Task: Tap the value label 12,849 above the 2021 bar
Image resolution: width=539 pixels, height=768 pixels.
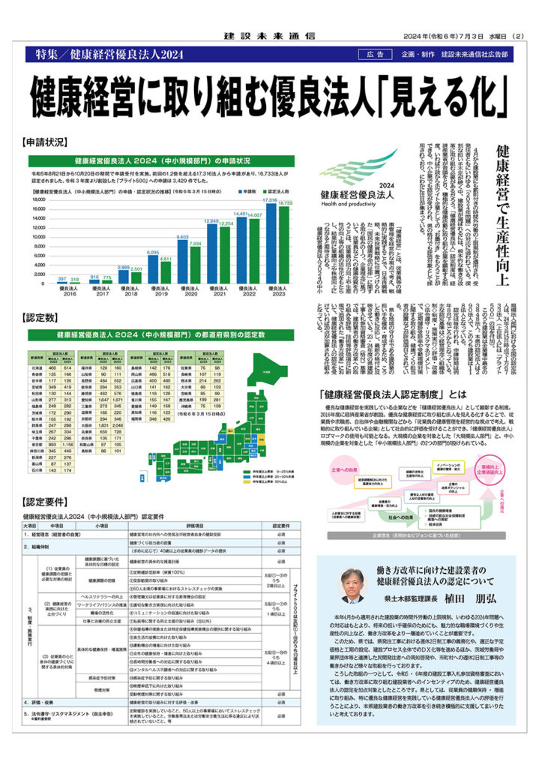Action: (211, 221)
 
